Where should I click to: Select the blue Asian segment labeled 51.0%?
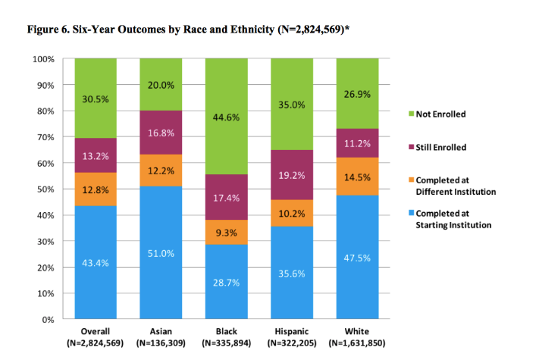[161, 252]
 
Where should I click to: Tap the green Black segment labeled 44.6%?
[226, 117]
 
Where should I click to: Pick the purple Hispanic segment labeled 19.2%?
[292, 175]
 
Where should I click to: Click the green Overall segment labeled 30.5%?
[96, 99]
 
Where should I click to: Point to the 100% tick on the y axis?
[43, 59]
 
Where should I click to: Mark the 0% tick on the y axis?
[48, 320]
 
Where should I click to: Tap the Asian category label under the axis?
[161, 332]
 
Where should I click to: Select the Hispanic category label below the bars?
[292, 332]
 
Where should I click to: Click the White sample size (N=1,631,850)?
[357, 343]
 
